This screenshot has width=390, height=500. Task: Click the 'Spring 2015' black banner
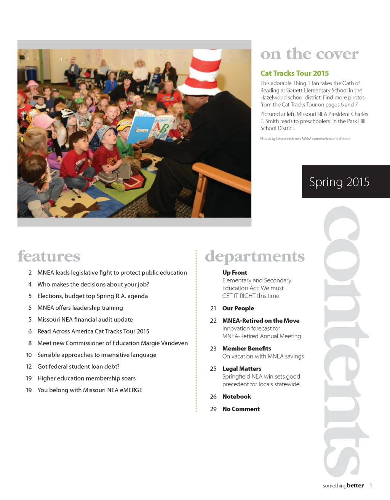[345, 182]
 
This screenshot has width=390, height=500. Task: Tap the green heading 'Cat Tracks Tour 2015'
[294, 73]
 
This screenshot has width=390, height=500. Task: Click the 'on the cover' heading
[309, 54]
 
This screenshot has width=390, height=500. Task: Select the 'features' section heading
[49, 256]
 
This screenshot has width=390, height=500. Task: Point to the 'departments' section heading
[254, 256]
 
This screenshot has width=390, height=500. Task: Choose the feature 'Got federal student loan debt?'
[78, 366]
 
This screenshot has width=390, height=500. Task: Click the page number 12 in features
[29, 366]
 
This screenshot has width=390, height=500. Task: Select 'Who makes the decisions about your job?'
[93, 284]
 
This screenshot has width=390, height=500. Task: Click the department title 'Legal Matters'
[242, 369]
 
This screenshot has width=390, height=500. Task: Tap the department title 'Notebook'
[237, 396]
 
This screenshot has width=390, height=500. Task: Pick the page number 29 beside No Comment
[213, 409]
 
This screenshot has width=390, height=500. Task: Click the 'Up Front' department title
[235, 272]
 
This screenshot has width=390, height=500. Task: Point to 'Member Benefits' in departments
[247, 349]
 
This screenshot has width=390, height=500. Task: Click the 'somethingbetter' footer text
[343, 486]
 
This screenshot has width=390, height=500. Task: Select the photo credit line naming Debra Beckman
[305, 139]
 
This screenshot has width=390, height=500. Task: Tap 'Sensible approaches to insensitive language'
[97, 355]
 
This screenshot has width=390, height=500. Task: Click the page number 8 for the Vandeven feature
[30, 343]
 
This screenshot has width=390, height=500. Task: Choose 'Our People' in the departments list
[238, 308]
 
